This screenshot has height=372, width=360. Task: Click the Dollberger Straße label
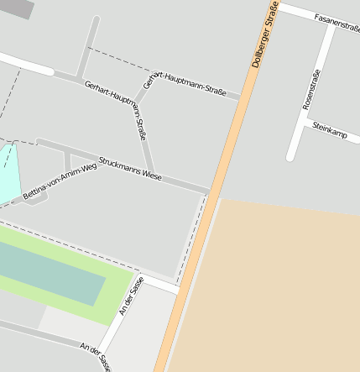point(265,34)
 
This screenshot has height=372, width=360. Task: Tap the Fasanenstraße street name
point(337,22)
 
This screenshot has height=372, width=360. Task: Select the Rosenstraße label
point(310,89)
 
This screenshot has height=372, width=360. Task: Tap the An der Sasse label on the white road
point(133,296)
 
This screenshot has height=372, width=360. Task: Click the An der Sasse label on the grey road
point(95,356)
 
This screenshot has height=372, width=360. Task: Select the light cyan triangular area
point(7,172)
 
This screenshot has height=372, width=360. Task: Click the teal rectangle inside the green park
point(50,274)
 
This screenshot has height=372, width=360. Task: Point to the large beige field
point(277,286)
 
